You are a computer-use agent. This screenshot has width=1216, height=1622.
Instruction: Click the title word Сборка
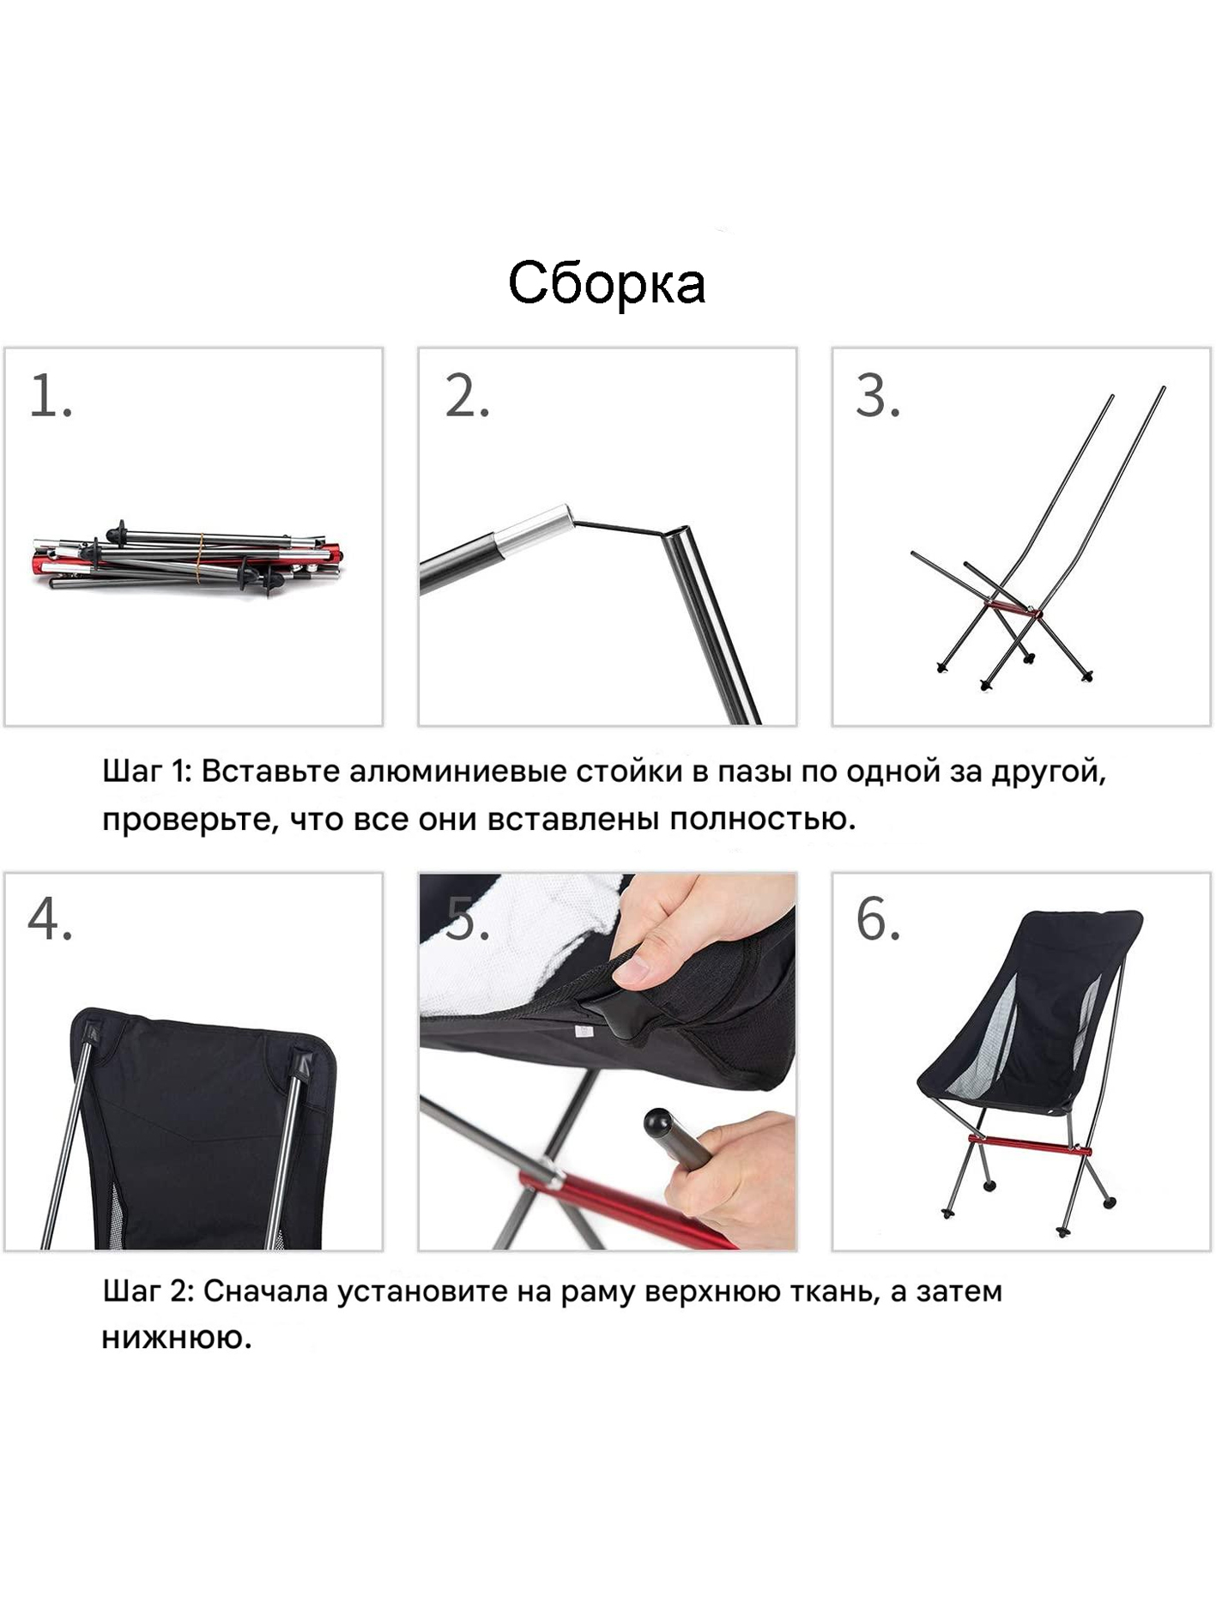tap(607, 283)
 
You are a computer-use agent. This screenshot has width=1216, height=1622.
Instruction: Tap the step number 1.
tap(51, 396)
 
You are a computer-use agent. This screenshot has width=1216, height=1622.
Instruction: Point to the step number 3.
tap(878, 396)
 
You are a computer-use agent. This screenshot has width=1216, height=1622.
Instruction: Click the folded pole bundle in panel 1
tap(188, 558)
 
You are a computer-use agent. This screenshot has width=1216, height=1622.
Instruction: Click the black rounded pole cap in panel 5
tap(658, 1122)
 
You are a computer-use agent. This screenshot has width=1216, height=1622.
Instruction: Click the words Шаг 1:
tap(148, 772)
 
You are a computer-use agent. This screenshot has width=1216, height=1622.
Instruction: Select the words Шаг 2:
tap(149, 1291)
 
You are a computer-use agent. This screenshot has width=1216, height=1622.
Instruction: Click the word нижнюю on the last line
tap(177, 1339)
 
